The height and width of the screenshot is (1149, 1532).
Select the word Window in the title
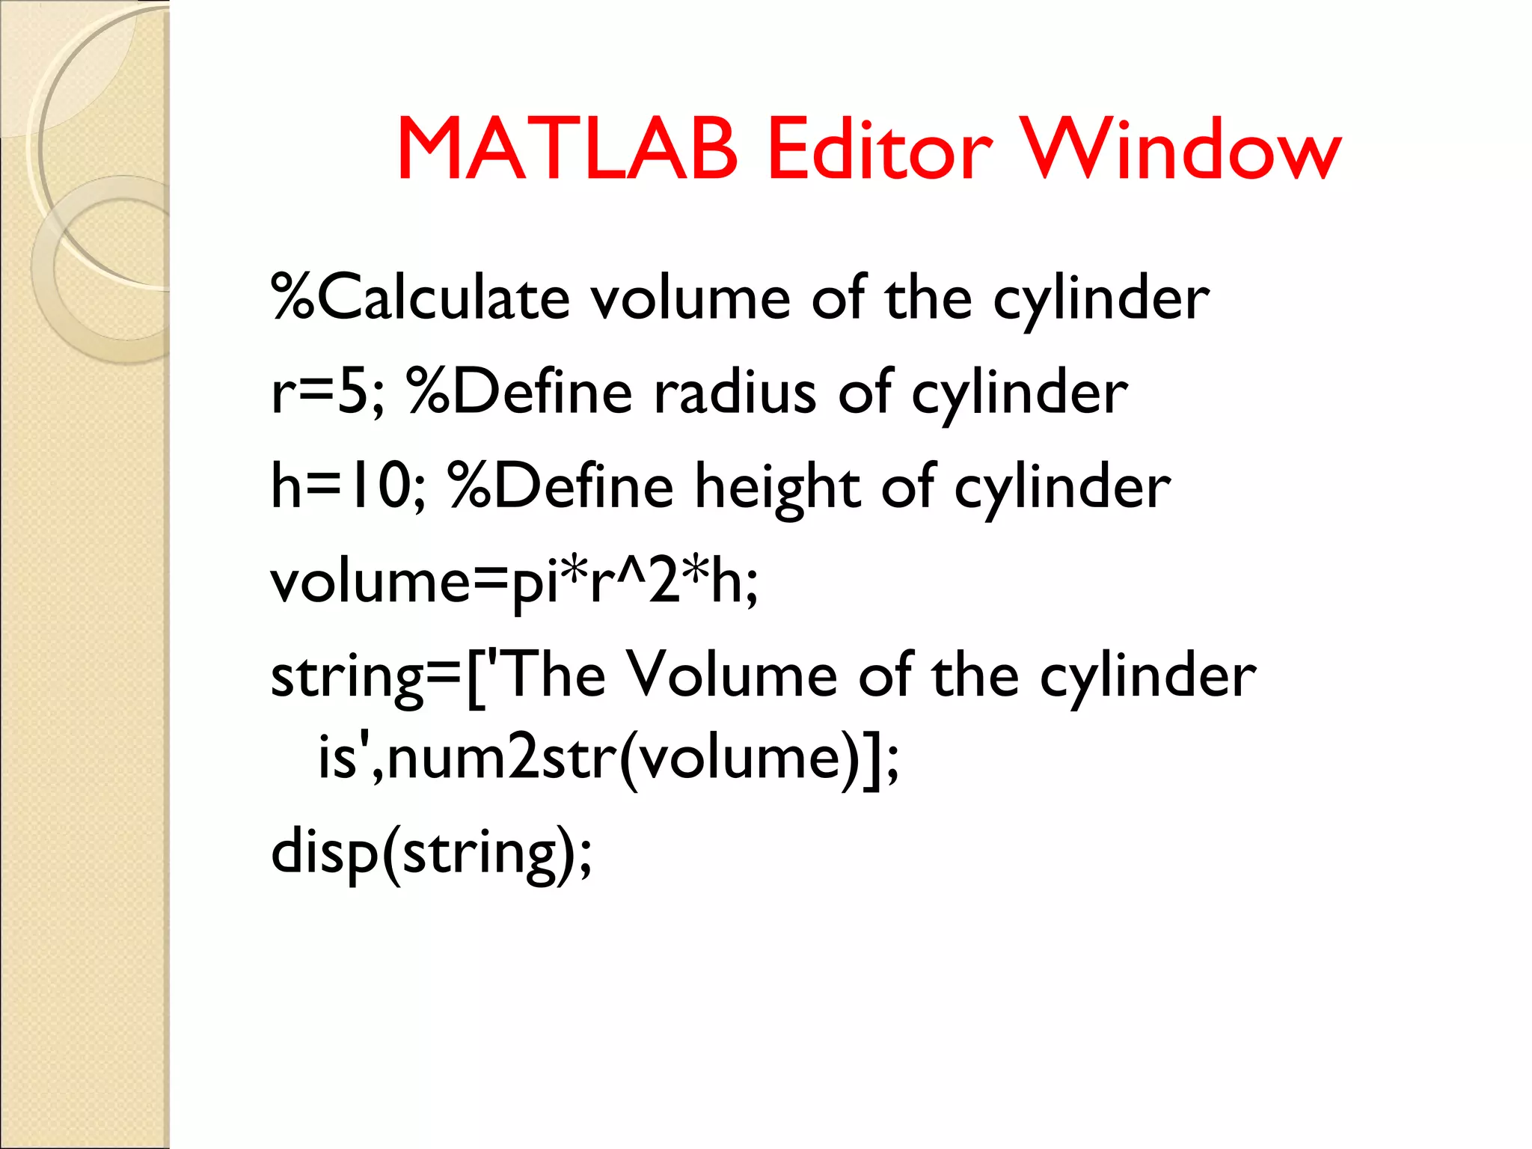1181,150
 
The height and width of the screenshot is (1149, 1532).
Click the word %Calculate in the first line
420,298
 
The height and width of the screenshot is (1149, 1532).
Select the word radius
735,392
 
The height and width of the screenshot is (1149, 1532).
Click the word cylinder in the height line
1062,486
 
